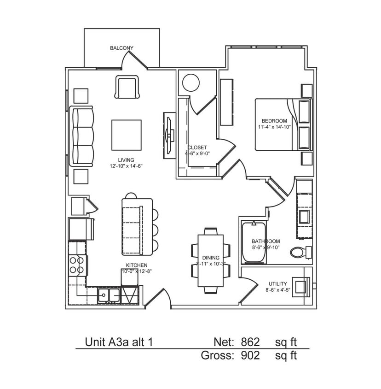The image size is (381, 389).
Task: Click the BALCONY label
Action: [x=121, y=48]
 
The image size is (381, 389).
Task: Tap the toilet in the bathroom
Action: [x=300, y=252]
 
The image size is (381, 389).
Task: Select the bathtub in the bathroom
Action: [x=254, y=243]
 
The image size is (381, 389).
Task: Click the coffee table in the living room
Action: [x=126, y=135]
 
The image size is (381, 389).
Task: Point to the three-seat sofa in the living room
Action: [x=82, y=136]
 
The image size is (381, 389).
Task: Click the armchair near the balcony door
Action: [x=127, y=87]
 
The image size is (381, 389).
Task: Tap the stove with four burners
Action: [x=77, y=265]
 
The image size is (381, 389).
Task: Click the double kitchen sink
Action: [x=109, y=295]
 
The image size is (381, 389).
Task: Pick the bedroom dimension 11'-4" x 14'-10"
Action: [x=275, y=127]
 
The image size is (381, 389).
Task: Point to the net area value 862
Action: [x=250, y=342]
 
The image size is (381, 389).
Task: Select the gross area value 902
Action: [x=250, y=355]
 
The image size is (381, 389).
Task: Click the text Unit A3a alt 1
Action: [x=119, y=342]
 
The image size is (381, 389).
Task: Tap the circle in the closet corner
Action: [x=190, y=83]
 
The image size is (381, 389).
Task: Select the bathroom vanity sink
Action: [x=304, y=216]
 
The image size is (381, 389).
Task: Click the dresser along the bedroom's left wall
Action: [x=226, y=102]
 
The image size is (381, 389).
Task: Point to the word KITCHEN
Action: [x=137, y=265]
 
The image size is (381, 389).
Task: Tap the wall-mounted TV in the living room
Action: [x=169, y=135]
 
